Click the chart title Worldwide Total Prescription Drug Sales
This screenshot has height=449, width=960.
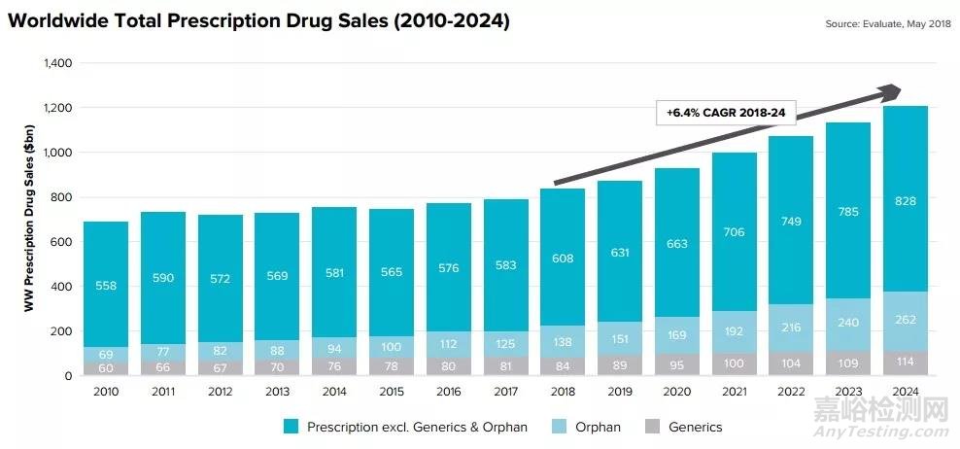(258, 19)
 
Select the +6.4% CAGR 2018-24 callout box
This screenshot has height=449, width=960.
(726, 114)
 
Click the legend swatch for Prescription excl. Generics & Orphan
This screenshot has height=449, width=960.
(290, 427)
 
